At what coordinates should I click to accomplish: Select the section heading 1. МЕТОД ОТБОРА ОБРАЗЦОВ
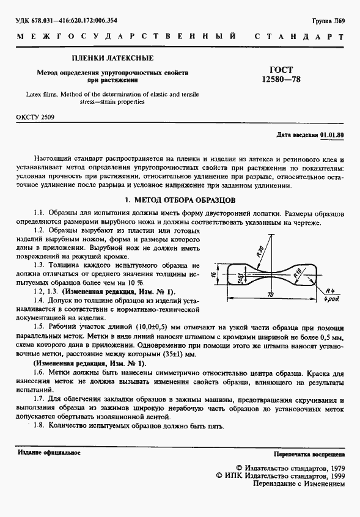180,200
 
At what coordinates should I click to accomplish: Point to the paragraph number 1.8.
40,426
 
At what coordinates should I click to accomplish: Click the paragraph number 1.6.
40,372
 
